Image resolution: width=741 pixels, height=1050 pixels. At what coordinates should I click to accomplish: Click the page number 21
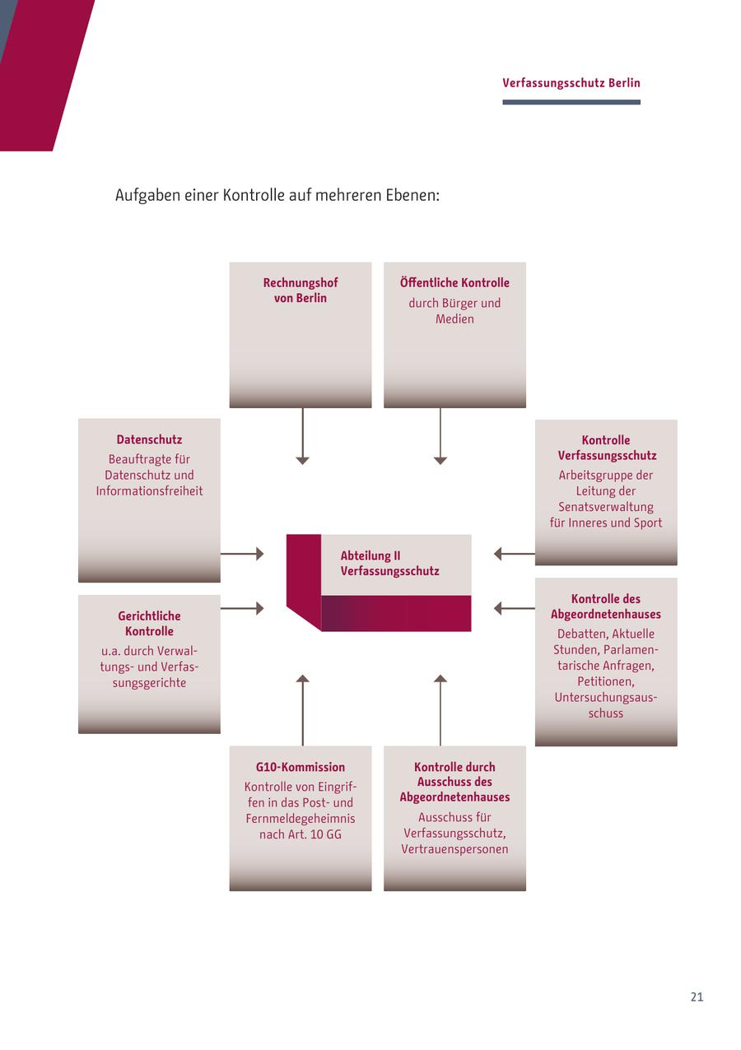697,997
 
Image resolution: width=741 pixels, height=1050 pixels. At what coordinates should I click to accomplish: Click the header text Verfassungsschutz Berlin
571,83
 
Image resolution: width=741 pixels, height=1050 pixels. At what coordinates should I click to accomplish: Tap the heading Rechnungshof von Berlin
301,290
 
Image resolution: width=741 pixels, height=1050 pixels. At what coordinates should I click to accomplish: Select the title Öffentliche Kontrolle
454,283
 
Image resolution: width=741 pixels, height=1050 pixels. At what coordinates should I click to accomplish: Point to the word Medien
454,318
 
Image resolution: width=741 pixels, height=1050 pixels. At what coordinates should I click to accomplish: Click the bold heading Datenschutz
149,439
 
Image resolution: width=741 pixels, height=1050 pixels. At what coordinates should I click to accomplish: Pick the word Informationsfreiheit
149,491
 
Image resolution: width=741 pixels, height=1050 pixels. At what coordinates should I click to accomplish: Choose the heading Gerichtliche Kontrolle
149,624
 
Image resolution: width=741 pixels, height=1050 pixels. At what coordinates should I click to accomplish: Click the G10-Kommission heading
301,767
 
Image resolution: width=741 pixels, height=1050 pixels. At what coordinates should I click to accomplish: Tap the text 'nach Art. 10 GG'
301,834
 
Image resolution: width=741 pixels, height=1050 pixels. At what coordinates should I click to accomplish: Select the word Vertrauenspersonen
454,849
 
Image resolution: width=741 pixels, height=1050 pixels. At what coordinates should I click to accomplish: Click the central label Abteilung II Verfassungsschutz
389,564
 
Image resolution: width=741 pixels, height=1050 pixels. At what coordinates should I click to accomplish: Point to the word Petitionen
606,681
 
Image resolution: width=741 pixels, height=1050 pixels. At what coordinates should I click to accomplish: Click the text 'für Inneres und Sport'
606,523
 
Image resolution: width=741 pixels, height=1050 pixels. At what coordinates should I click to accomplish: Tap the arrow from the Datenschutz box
242,554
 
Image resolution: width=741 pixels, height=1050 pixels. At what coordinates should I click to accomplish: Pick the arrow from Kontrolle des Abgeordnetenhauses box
514,609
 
